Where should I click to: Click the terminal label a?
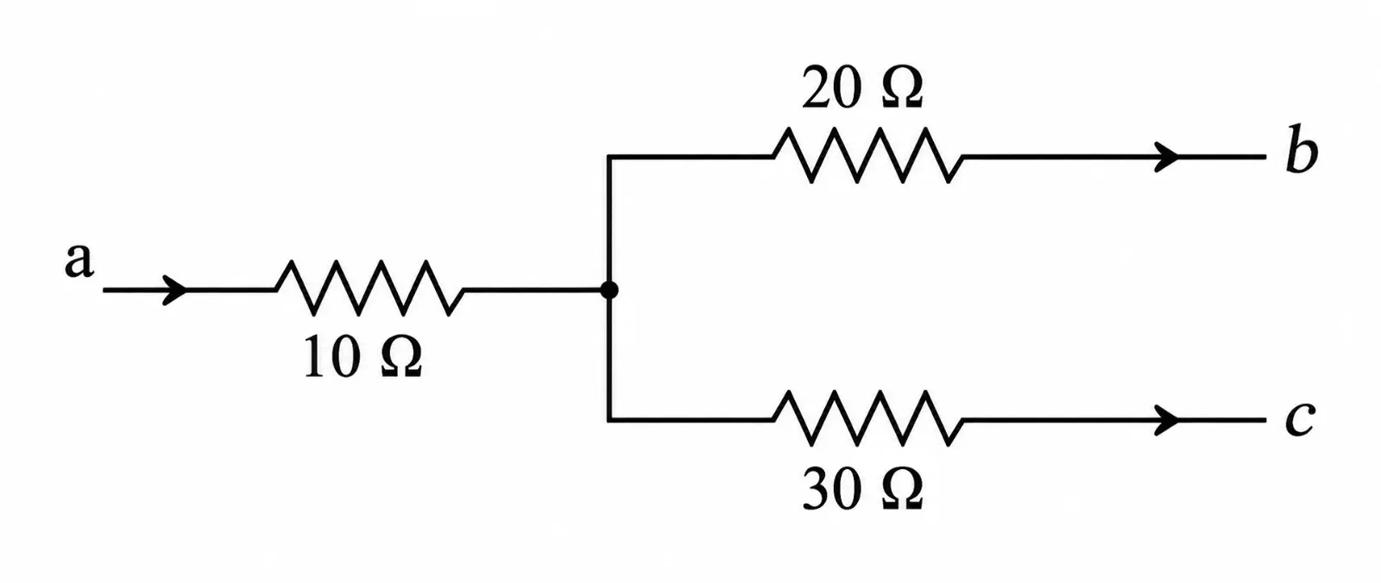point(79,260)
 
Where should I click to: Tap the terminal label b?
point(1302,150)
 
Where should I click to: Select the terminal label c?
point(1300,420)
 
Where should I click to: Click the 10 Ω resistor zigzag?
point(370,288)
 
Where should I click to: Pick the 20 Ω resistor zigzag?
point(867,155)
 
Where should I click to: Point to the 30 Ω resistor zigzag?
point(867,417)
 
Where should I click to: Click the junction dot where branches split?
point(609,290)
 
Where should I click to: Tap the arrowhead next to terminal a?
point(174,290)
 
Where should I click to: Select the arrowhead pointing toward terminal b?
point(1166,157)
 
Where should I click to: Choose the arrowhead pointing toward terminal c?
point(1166,420)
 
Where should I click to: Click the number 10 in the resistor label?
point(332,357)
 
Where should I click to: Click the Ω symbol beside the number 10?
point(401,357)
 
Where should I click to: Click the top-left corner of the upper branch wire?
point(609,157)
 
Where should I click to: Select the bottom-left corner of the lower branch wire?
point(609,420)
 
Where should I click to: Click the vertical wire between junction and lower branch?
point(609,356)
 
